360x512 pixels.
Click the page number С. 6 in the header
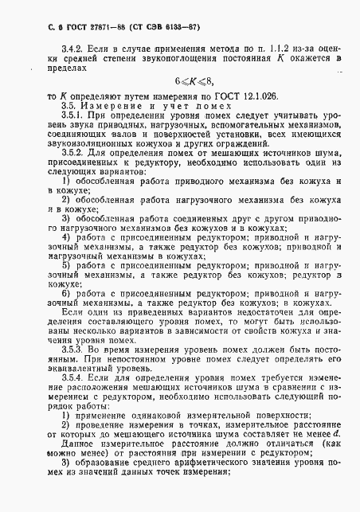point(30,28)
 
